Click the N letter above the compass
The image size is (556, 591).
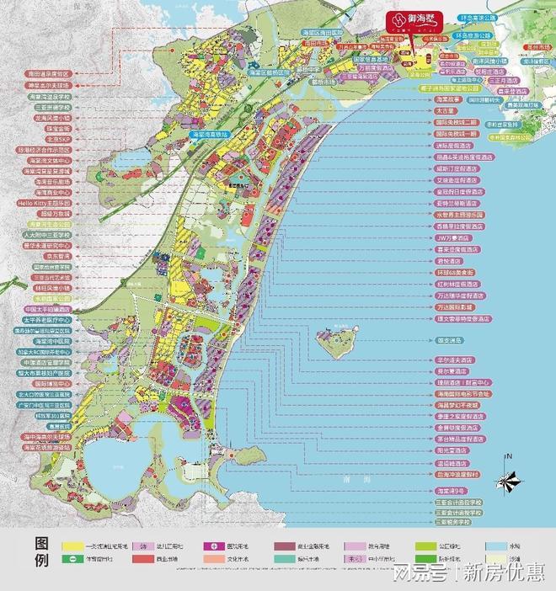click(x=508, y=457)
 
